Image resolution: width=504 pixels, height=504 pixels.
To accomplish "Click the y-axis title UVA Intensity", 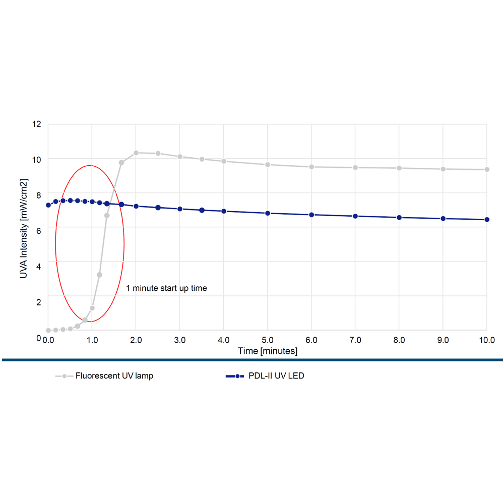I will coord(24,228).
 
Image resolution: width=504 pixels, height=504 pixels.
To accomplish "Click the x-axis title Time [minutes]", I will coord(268,351).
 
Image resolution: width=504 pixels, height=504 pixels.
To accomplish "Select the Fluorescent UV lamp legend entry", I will coord(114,376).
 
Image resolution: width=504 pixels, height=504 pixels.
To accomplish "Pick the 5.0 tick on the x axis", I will coord(268,341).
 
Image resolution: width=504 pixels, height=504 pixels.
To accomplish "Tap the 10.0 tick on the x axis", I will coord(487,341).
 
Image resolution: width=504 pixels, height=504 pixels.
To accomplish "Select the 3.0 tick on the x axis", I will coord(179,341).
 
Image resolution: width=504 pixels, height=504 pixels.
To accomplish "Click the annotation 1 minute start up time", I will coord(166,288).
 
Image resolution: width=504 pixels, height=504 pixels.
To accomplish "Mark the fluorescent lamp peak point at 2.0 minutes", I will coord(136,153).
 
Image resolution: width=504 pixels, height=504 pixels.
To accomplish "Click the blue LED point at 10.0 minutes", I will coord(487,219).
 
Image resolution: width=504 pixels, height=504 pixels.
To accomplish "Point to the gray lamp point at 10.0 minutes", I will coord(487,169).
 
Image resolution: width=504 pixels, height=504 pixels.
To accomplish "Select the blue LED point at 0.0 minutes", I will coord(48,205).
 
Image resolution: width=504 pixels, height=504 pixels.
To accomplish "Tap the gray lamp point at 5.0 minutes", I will coord(268,165).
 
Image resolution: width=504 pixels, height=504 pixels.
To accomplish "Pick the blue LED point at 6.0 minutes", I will coord(311,215).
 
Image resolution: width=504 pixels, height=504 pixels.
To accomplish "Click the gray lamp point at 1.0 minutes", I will coord(92,308).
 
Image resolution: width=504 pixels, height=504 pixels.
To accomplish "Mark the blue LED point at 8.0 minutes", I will coord(399,217).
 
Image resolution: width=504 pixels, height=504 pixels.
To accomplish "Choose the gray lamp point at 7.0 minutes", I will coord(355,167).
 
